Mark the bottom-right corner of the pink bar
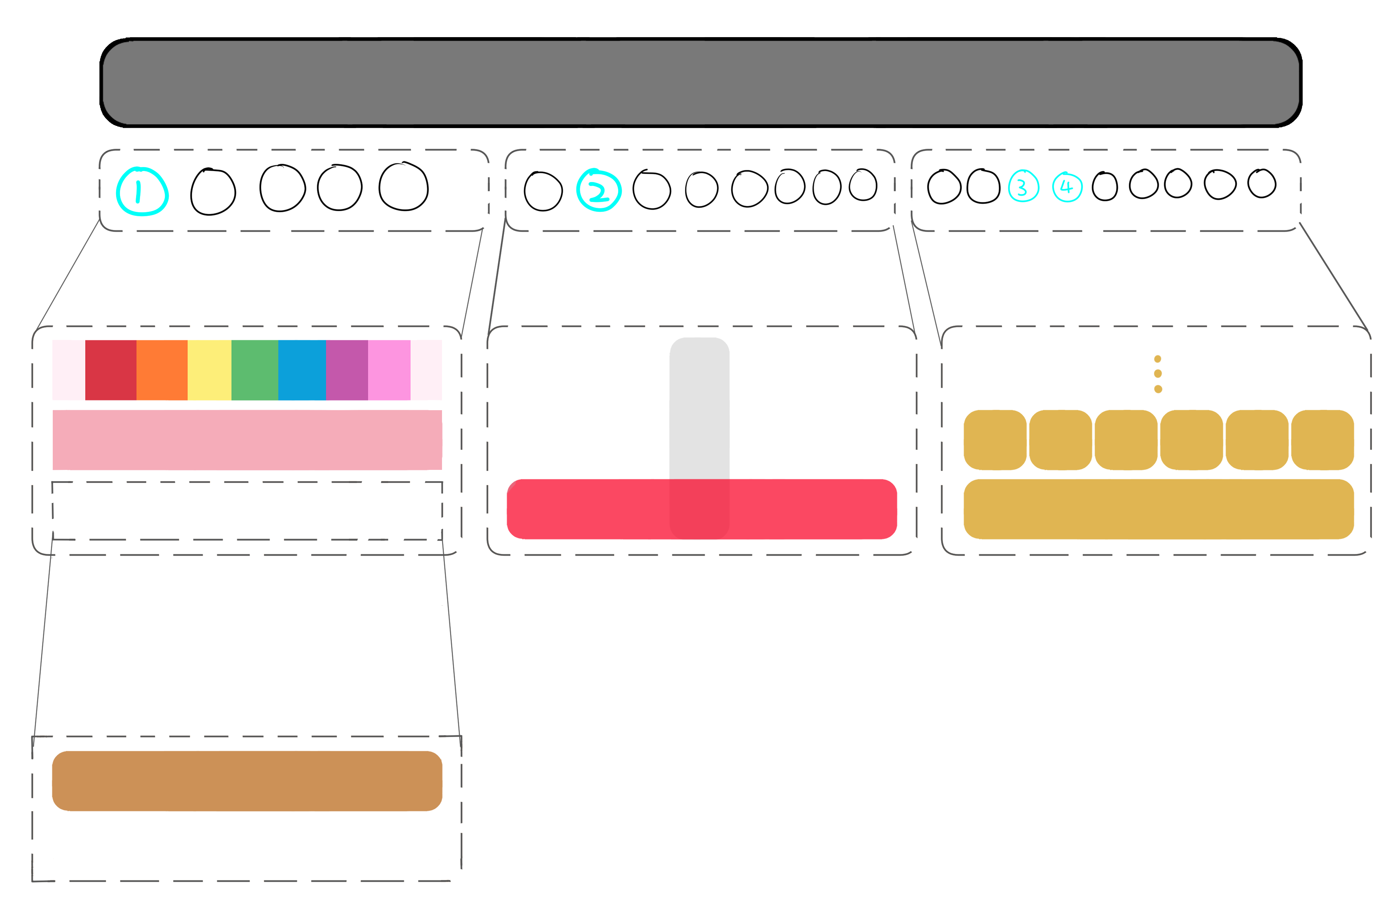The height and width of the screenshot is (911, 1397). point(442,470)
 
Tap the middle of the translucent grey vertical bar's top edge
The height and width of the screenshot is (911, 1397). point(699,338)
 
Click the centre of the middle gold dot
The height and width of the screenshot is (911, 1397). point(1158,373)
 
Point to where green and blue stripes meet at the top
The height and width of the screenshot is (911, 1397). point(278,340)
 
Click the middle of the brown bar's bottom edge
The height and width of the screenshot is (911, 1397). point(247,811)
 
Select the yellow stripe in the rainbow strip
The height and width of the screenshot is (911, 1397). point(210,370)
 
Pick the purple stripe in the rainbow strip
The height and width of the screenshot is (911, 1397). point(347,370)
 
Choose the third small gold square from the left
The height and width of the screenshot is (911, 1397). point(1126,440)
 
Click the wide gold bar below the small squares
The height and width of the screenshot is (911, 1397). point(1159,509)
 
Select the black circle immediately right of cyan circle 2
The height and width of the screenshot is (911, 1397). point(652,190)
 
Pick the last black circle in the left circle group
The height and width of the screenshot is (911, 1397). point(404,186)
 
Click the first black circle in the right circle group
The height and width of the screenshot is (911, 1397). point(944,187)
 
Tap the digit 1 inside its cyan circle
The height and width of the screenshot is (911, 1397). point(139,191)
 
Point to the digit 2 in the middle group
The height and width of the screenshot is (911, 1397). point(599,191)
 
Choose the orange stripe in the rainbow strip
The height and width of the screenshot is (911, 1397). point(162,370)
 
